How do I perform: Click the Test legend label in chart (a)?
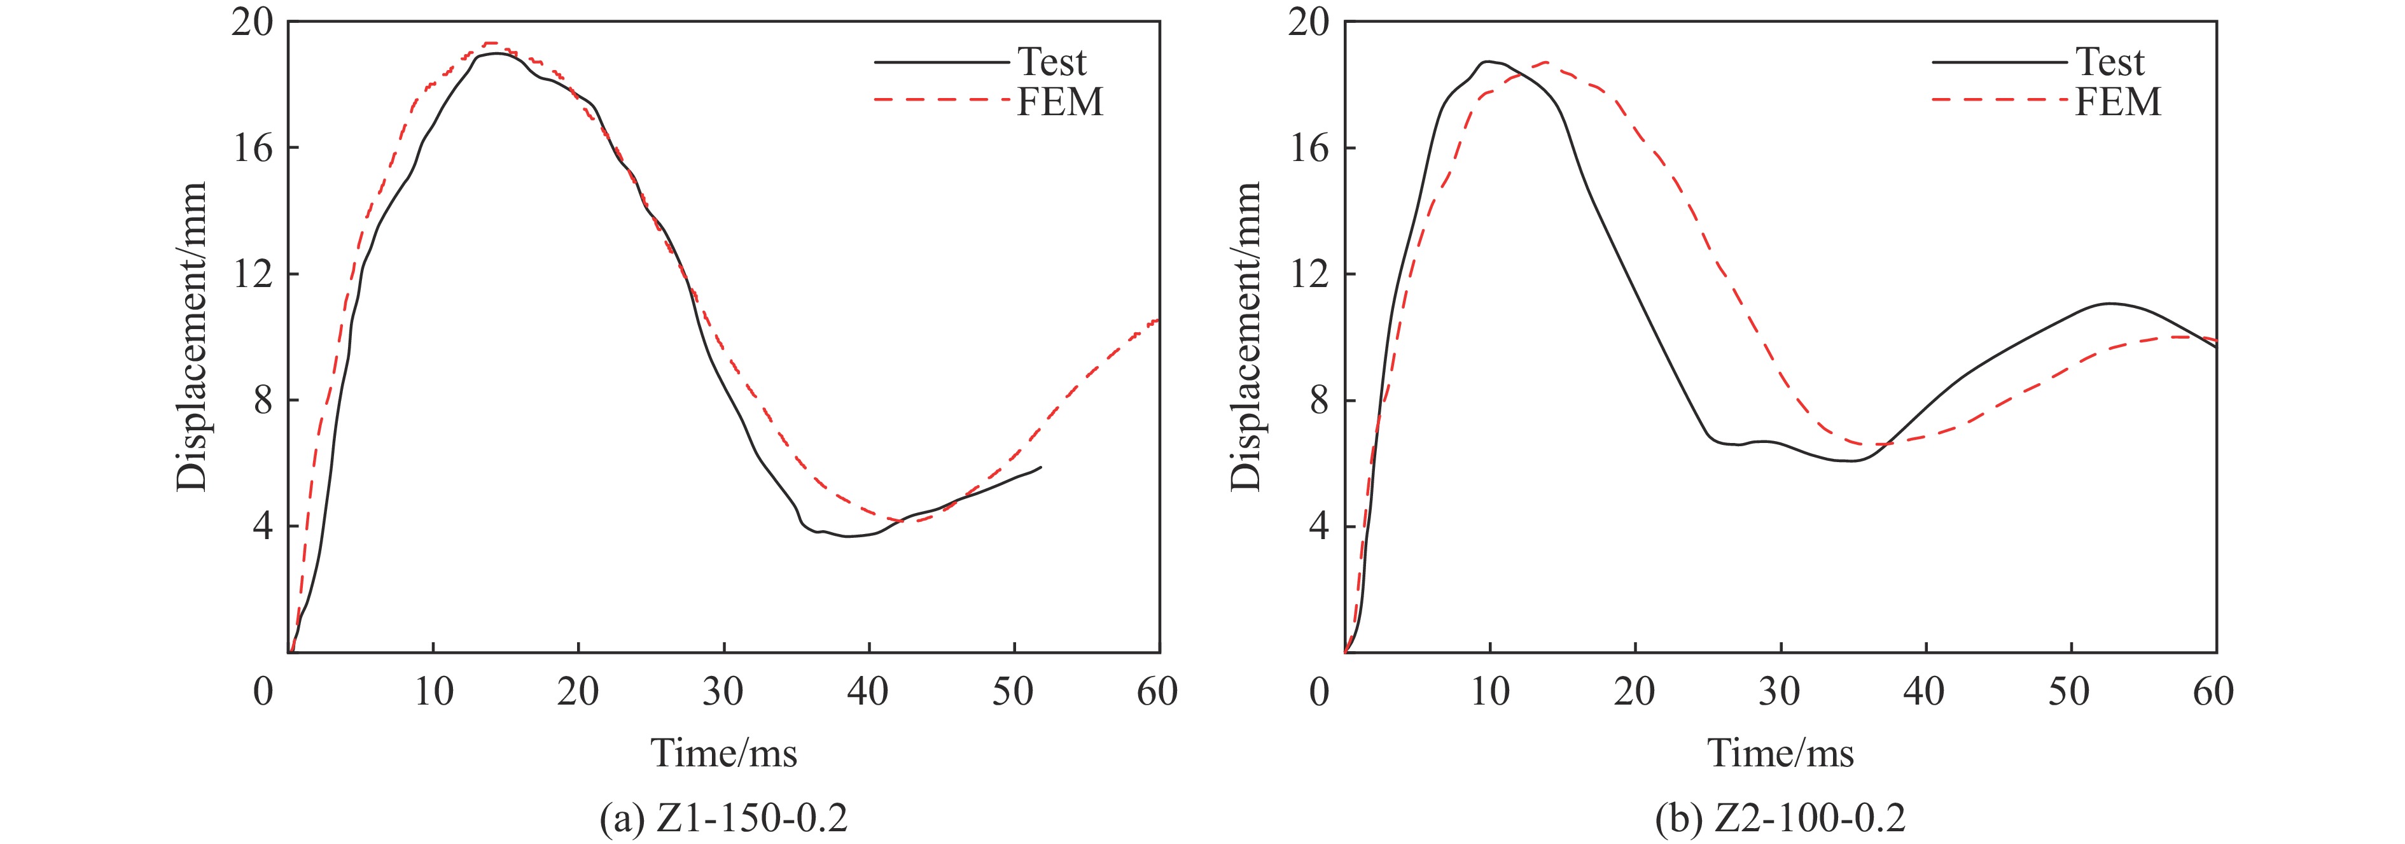[1051, 62]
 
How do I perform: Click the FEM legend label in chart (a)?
[1059, 102]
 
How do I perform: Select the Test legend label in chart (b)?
[2110, 62]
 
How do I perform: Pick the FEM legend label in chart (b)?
[2117, 102]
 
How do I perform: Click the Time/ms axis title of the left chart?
[723, 752]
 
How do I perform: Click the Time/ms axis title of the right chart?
[1780, 752]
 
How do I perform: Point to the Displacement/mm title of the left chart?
[192, 336]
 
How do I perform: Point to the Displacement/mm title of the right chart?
[1247, 336]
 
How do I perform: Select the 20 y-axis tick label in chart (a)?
[253, 22]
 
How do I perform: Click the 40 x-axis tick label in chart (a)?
[868, 692]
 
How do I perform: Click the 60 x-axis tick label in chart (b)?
[2213, 692]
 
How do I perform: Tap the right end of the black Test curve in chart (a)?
[1040, 467]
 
